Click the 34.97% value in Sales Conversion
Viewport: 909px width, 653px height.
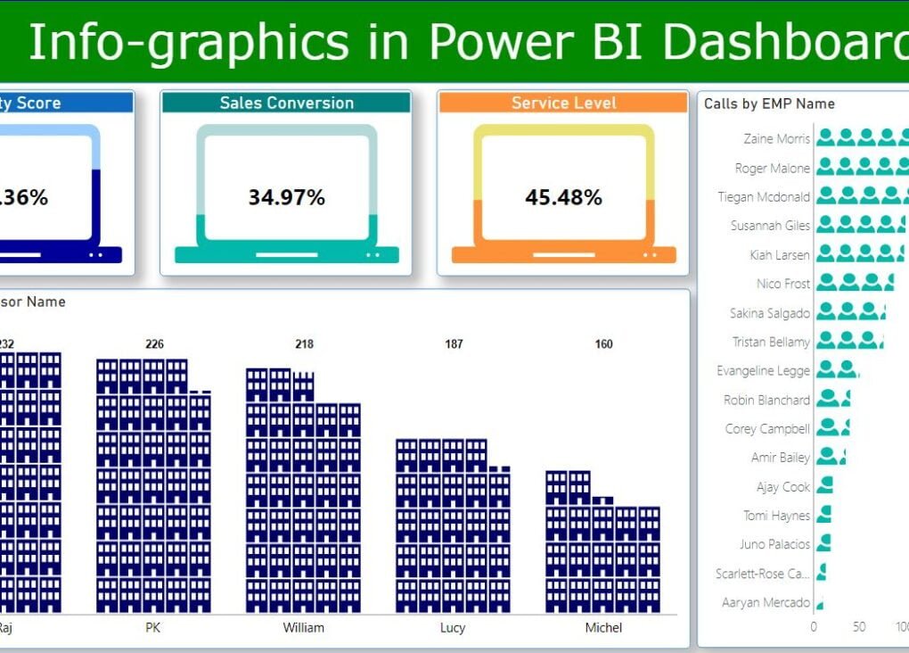tap(286, 197)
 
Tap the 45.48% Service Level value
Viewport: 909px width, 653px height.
tap(563, 197)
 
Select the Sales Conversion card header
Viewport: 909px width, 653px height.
tap(286, 103)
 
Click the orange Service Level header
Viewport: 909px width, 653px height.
tap(563, 103)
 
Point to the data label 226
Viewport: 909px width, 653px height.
tap(154, 344)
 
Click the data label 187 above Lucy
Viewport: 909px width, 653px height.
tap(454, 344)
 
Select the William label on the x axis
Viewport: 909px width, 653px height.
tap(303, 627)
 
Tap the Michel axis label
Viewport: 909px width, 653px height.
tap(603, 627)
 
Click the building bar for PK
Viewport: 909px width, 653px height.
tap(154, 486)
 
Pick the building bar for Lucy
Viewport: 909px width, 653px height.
tap(454, 525)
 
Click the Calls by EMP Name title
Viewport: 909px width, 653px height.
tap(769, 103)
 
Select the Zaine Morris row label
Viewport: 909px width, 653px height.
tap(777, 138)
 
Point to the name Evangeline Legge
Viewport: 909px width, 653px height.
tap(764, 370)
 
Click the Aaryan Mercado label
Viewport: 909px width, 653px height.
tap(766, 602)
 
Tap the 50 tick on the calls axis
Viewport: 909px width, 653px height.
tap(858, 626)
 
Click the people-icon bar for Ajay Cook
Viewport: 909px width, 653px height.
tap(824, 486)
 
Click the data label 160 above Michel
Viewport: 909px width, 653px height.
tap(603, 344)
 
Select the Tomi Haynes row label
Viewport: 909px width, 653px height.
tap(777, 516)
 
